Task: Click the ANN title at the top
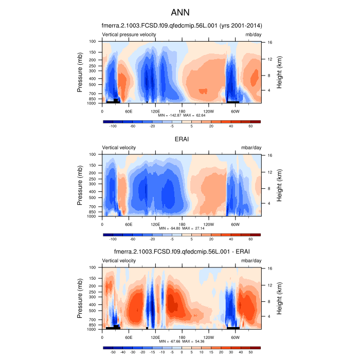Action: point(180,11)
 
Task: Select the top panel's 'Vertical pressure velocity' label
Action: point(129,34)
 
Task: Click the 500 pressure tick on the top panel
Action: point(93,85)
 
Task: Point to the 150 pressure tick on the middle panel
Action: point(93,166)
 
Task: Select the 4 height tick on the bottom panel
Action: point(269,316)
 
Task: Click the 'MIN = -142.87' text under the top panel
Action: point(167,116)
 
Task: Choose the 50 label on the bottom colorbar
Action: point(251,352)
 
